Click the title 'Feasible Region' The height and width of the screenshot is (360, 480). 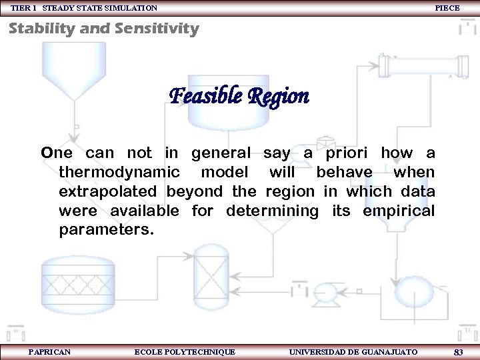(239, 97)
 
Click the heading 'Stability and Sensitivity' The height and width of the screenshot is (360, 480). (103, 29)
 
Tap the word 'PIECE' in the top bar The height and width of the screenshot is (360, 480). (447, 8)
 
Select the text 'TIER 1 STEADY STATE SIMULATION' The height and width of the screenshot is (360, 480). (84, 8)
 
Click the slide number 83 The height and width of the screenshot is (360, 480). (458, 351)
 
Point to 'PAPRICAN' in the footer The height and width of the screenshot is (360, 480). (49, 351)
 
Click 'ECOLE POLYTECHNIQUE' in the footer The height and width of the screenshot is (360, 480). (185, 351)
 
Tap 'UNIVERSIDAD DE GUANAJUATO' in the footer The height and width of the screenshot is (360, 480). (353, 351)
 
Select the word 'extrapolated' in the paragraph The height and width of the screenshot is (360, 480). (108, 192)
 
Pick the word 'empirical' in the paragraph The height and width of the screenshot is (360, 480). (399, 211)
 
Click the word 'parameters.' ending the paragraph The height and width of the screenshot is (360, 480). (106, 231)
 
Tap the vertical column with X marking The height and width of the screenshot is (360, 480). (210, 276)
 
